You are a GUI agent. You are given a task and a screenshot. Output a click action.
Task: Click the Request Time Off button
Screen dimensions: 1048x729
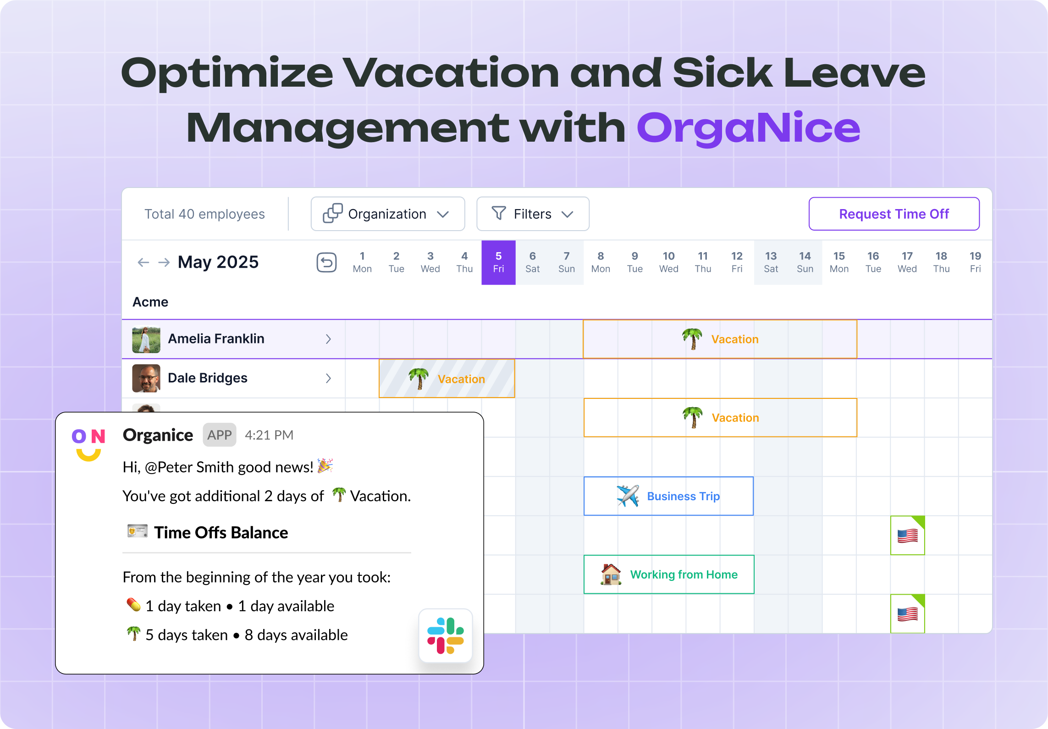pos(894,214)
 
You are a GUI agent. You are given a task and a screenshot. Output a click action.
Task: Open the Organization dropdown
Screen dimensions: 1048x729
pos(388,214)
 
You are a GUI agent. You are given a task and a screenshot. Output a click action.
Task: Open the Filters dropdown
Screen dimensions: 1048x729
pos(533,214)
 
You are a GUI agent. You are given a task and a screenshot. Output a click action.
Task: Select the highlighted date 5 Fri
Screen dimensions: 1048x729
pos(498,262)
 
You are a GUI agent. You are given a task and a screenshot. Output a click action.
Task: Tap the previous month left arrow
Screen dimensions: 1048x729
pos(143,262)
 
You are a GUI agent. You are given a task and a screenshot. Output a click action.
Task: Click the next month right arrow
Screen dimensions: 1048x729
pos(164,262)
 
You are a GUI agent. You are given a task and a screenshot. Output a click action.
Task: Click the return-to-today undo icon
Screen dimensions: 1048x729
pos(326,262)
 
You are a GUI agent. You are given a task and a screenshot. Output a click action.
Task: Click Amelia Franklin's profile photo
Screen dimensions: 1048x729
pos(146,339)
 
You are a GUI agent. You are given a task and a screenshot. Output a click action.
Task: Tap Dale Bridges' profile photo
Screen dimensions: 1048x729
pos(146,378)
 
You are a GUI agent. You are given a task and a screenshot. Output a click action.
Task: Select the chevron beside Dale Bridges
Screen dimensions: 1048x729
pos(328,378)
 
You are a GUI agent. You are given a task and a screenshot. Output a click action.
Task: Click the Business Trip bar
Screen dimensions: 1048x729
pos(668,496)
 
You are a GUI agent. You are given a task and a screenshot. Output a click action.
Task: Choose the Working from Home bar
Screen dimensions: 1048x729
pos(669,574)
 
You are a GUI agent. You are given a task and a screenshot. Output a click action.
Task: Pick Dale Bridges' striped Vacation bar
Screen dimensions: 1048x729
pos(447,378)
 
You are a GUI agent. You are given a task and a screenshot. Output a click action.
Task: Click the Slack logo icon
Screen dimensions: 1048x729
pos(446,635)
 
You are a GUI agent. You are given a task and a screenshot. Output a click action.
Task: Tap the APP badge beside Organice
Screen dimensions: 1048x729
pos(220,435)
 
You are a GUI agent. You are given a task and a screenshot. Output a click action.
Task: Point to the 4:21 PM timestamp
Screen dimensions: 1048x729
pos(269,435)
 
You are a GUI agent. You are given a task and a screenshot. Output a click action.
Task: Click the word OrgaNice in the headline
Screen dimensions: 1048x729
pos(748,128)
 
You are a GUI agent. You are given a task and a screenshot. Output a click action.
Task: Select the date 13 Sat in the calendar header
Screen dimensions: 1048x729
pos(771,262)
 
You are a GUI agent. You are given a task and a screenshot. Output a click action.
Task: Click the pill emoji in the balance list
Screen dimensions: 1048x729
pos(133,605)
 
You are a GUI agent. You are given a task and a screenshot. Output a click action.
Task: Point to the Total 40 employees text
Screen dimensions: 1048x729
pos(205,214)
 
